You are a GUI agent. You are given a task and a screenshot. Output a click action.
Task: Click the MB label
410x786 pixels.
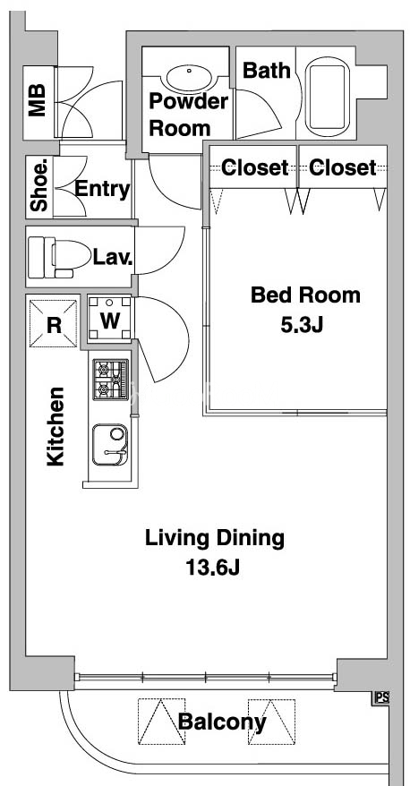coord(37,100)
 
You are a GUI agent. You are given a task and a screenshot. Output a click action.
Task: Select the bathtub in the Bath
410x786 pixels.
coord(328,97)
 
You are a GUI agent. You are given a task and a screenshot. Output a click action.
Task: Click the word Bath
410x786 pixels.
coord(267,71)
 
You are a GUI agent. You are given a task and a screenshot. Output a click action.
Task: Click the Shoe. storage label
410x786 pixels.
coord(39,185)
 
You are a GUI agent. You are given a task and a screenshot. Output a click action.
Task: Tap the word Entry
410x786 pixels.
coord(102,190)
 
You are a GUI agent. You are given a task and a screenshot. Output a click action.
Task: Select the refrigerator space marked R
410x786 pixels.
coord(54,324)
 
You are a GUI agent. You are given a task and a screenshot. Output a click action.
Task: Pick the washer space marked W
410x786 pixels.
coord(110,320)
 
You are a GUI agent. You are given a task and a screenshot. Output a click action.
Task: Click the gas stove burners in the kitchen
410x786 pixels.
coord(111,379)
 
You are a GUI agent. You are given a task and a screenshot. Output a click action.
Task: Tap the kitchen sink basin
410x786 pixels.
coord(110,445)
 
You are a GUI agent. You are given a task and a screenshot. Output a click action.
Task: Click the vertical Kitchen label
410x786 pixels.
coord(56,426)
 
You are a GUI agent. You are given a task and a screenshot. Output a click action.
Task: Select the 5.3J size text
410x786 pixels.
coord(302,325)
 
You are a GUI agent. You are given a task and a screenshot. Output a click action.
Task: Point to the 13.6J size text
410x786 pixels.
coord(213,568)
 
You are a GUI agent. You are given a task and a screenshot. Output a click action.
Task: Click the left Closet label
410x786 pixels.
coord(254,168)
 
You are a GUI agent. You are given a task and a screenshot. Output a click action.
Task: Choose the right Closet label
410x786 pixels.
coord(342,168)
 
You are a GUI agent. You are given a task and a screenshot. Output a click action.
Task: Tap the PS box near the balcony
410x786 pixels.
coord(381,697)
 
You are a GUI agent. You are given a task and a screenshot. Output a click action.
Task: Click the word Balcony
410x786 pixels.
coord(222,722)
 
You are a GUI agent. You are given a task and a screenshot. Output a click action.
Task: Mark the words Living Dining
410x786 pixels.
coord(215,538)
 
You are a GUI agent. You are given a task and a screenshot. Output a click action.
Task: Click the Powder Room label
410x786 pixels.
coord(188,115)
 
